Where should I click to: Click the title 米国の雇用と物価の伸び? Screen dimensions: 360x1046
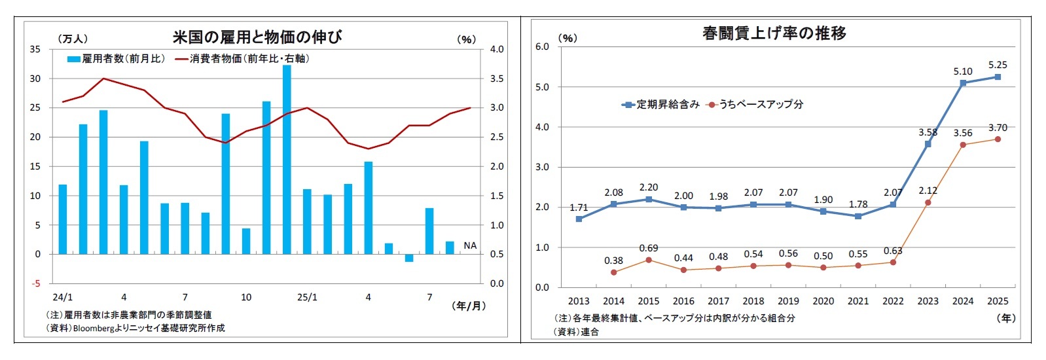click(x=257, y=37)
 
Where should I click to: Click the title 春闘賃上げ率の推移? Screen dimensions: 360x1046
click(x=774, y=33)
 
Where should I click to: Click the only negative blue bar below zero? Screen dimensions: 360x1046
click(x=409, y=258)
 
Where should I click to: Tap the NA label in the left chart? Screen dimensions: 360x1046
click(x=470, y=245)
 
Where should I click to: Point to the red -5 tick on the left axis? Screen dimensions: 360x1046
click(x=37, y=283)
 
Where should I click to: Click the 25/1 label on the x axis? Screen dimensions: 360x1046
click(x=307, y=297)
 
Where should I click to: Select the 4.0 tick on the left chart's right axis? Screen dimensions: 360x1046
click(x=497, y=49)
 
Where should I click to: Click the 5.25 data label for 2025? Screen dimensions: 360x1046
click(x=998, y=65)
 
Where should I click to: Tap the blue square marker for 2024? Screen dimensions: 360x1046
click(x=963, y=83)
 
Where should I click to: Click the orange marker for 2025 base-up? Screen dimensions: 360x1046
click(x=998, y=139)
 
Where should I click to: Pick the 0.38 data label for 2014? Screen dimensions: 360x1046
click(x=613, y=261)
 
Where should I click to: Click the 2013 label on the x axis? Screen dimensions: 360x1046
click(x=579, y=301)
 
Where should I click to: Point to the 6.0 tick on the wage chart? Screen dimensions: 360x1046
click(x=542, y=46)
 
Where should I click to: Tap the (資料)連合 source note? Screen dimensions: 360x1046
click(x=576, y=332)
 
